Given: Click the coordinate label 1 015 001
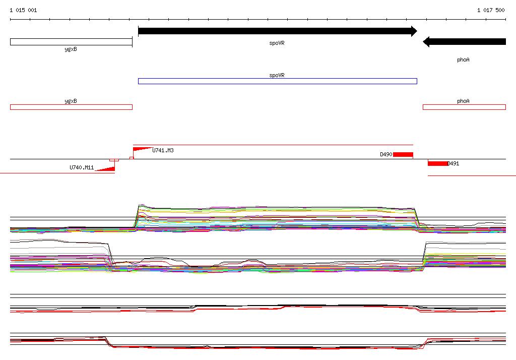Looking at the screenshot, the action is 23,10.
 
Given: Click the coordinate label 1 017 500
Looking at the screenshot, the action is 491,10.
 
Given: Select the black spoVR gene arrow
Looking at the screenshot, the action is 278,31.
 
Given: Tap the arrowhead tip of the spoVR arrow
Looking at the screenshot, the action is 417,31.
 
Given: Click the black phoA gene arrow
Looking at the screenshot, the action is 464,42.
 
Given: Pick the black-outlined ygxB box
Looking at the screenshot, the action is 71,42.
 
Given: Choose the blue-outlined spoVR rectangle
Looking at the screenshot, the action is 278,81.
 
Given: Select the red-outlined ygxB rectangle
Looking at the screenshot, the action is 71,107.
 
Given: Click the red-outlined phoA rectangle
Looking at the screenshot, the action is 464,107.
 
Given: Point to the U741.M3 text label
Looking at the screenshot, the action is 163,151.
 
